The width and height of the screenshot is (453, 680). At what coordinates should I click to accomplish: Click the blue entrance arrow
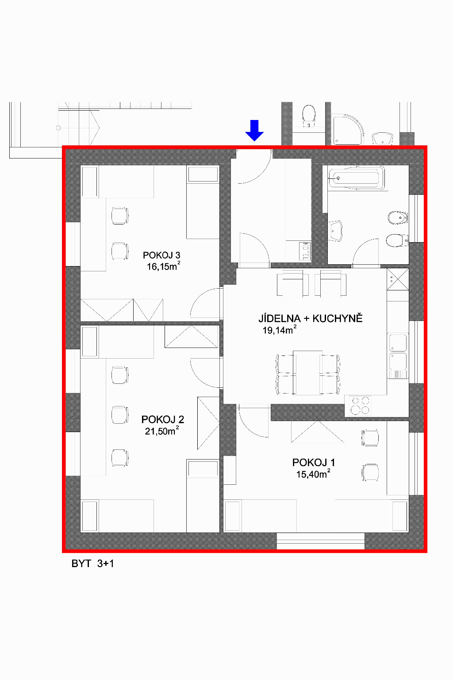(254, 131)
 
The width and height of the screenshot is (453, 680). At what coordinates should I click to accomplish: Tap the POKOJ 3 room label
(161, 255)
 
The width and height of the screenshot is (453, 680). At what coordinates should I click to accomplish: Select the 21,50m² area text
(162, 430)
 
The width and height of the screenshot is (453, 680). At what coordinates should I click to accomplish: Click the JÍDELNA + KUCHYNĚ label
(311, 318)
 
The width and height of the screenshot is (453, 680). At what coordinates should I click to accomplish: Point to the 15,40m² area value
(313, 474)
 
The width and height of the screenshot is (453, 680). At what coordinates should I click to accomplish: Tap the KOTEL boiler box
(305, 251)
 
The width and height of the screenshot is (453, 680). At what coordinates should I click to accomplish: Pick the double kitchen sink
(398, 355)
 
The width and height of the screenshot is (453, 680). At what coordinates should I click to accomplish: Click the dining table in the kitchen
(307, 372)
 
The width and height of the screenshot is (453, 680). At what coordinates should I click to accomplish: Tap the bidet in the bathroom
(398, 218)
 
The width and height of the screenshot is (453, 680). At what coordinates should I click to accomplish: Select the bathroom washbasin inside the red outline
(335, 231)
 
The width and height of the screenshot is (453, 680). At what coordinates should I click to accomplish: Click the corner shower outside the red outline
(348, 129)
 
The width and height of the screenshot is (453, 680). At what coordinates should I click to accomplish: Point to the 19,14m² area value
(280, 330)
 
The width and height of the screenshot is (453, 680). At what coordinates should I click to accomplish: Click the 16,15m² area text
(164, 266)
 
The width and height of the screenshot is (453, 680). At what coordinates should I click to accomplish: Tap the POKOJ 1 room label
(314, 462)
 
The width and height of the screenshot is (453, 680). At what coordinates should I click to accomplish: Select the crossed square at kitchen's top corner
(398, 279)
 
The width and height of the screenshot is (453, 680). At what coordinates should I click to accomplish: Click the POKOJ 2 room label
(163, 419)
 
